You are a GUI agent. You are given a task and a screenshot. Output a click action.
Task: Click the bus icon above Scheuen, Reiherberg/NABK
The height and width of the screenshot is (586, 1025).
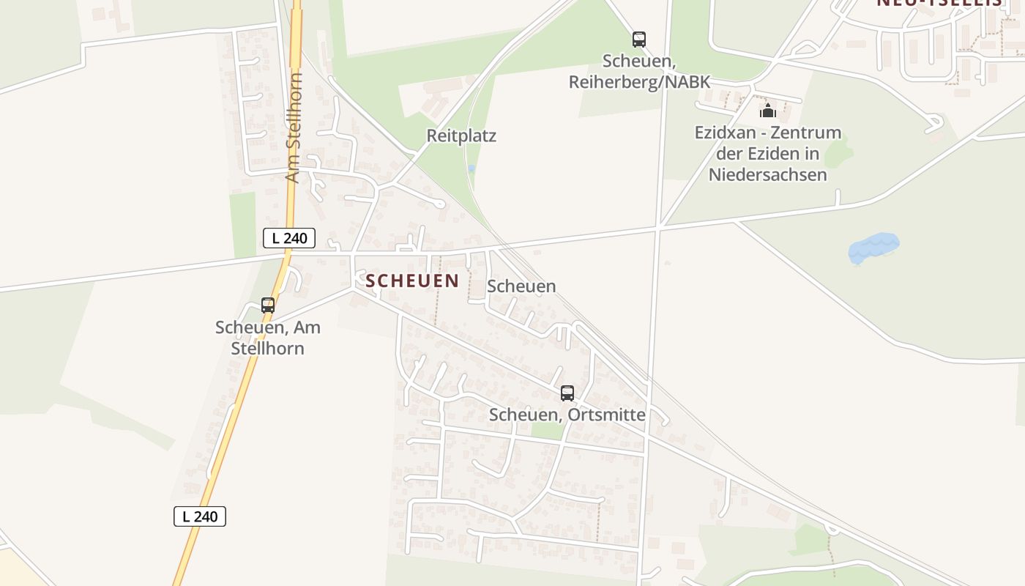pyautogui.click(x=639, y=40)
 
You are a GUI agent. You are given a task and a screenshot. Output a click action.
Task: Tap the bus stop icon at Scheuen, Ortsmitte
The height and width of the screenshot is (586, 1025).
pyautogui.click(x=567, y=393)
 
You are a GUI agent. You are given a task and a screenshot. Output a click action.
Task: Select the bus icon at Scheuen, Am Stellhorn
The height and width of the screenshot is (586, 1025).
pyautogui.click(x=268, y=305)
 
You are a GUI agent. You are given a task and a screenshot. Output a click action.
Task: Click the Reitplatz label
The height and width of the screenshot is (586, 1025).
pyautogui.click(x=461, y=136)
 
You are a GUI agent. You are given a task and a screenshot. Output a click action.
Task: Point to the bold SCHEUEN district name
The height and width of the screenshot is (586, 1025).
pyautogui.click(x=412, y=281)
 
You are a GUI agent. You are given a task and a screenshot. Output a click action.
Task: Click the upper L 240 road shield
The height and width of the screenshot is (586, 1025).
pyautogui.click(x=289, y=237)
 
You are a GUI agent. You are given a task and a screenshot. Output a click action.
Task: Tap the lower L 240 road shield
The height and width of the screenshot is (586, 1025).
pyautogui.click(x=200, y=516)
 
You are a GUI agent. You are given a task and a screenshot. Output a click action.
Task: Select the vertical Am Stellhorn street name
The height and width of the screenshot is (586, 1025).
pyautogui.click(x=294, y=127)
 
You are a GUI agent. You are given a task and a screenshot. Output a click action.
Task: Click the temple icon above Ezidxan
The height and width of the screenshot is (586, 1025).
pyautogui.click(x=767, y=111)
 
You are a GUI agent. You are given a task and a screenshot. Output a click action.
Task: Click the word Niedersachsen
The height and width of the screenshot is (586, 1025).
pyautogui.click(x=767, y=174)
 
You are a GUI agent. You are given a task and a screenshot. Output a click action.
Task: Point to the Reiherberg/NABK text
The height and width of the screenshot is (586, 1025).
pyautogui.click(x=639, y=81)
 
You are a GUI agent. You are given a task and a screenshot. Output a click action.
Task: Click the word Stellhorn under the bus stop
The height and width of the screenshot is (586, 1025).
pyautogui.click(x=267, y=348)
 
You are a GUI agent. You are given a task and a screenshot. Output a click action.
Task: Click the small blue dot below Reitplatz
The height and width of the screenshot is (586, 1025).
pyautogui.click(x=471, y=168)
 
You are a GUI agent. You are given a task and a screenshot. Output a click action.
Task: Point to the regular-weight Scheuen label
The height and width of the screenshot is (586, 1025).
pyautogui.click(x=521, y=286)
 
